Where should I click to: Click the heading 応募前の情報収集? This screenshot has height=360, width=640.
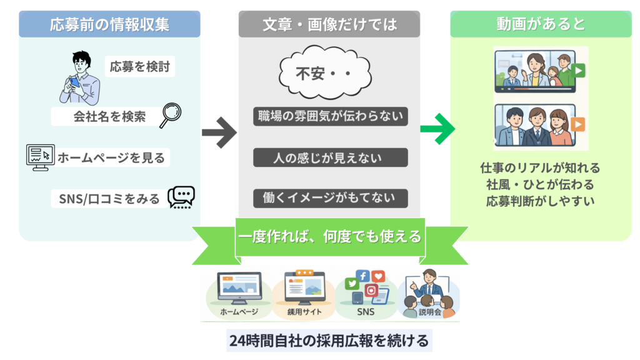(109, 24)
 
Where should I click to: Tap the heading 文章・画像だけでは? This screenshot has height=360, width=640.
(330, 24)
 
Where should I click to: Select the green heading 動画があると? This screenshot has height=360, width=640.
(541, 24)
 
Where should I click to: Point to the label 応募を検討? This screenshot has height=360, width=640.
(139, 66)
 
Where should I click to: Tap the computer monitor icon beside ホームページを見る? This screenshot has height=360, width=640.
(40, 157)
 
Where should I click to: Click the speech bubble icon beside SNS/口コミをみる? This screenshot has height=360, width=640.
(181, 197)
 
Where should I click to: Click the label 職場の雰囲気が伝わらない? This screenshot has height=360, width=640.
(330, 116)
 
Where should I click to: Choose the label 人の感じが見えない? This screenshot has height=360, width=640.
(330, 157)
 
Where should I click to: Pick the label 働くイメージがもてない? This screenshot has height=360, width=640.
(330, 199)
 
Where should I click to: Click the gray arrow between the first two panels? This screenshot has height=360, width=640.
(219, 132)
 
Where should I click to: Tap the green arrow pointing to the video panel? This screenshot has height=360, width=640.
(437, 129)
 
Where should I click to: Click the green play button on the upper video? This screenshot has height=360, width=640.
(579, 71)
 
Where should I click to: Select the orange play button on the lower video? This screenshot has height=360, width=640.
(579, 124)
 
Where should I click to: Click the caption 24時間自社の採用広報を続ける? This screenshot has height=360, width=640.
(329, 341)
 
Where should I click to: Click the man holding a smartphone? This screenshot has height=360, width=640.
(79, 78)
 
